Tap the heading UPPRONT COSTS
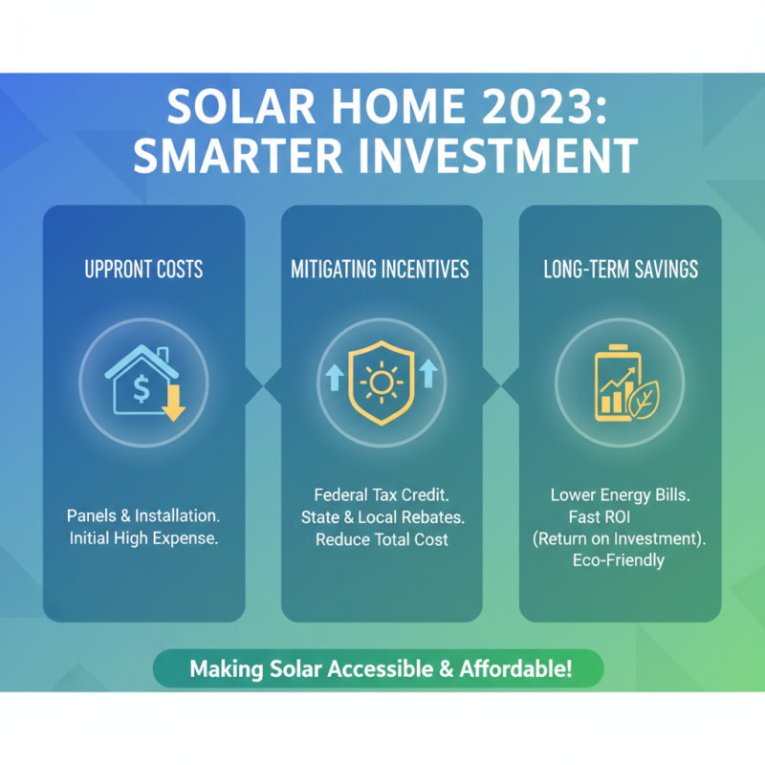pos(143,270)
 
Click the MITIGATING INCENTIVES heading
pos(380,270)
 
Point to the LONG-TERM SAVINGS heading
pos(620,270)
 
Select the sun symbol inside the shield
pos(381,383)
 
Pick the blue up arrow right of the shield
pos(427,373)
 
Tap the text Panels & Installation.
pos(143,516)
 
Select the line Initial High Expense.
pos(143,538)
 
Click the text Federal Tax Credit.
pos(382,496)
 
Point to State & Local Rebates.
pos(382,518)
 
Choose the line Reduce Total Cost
pos(382,540)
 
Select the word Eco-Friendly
pos(619,561)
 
